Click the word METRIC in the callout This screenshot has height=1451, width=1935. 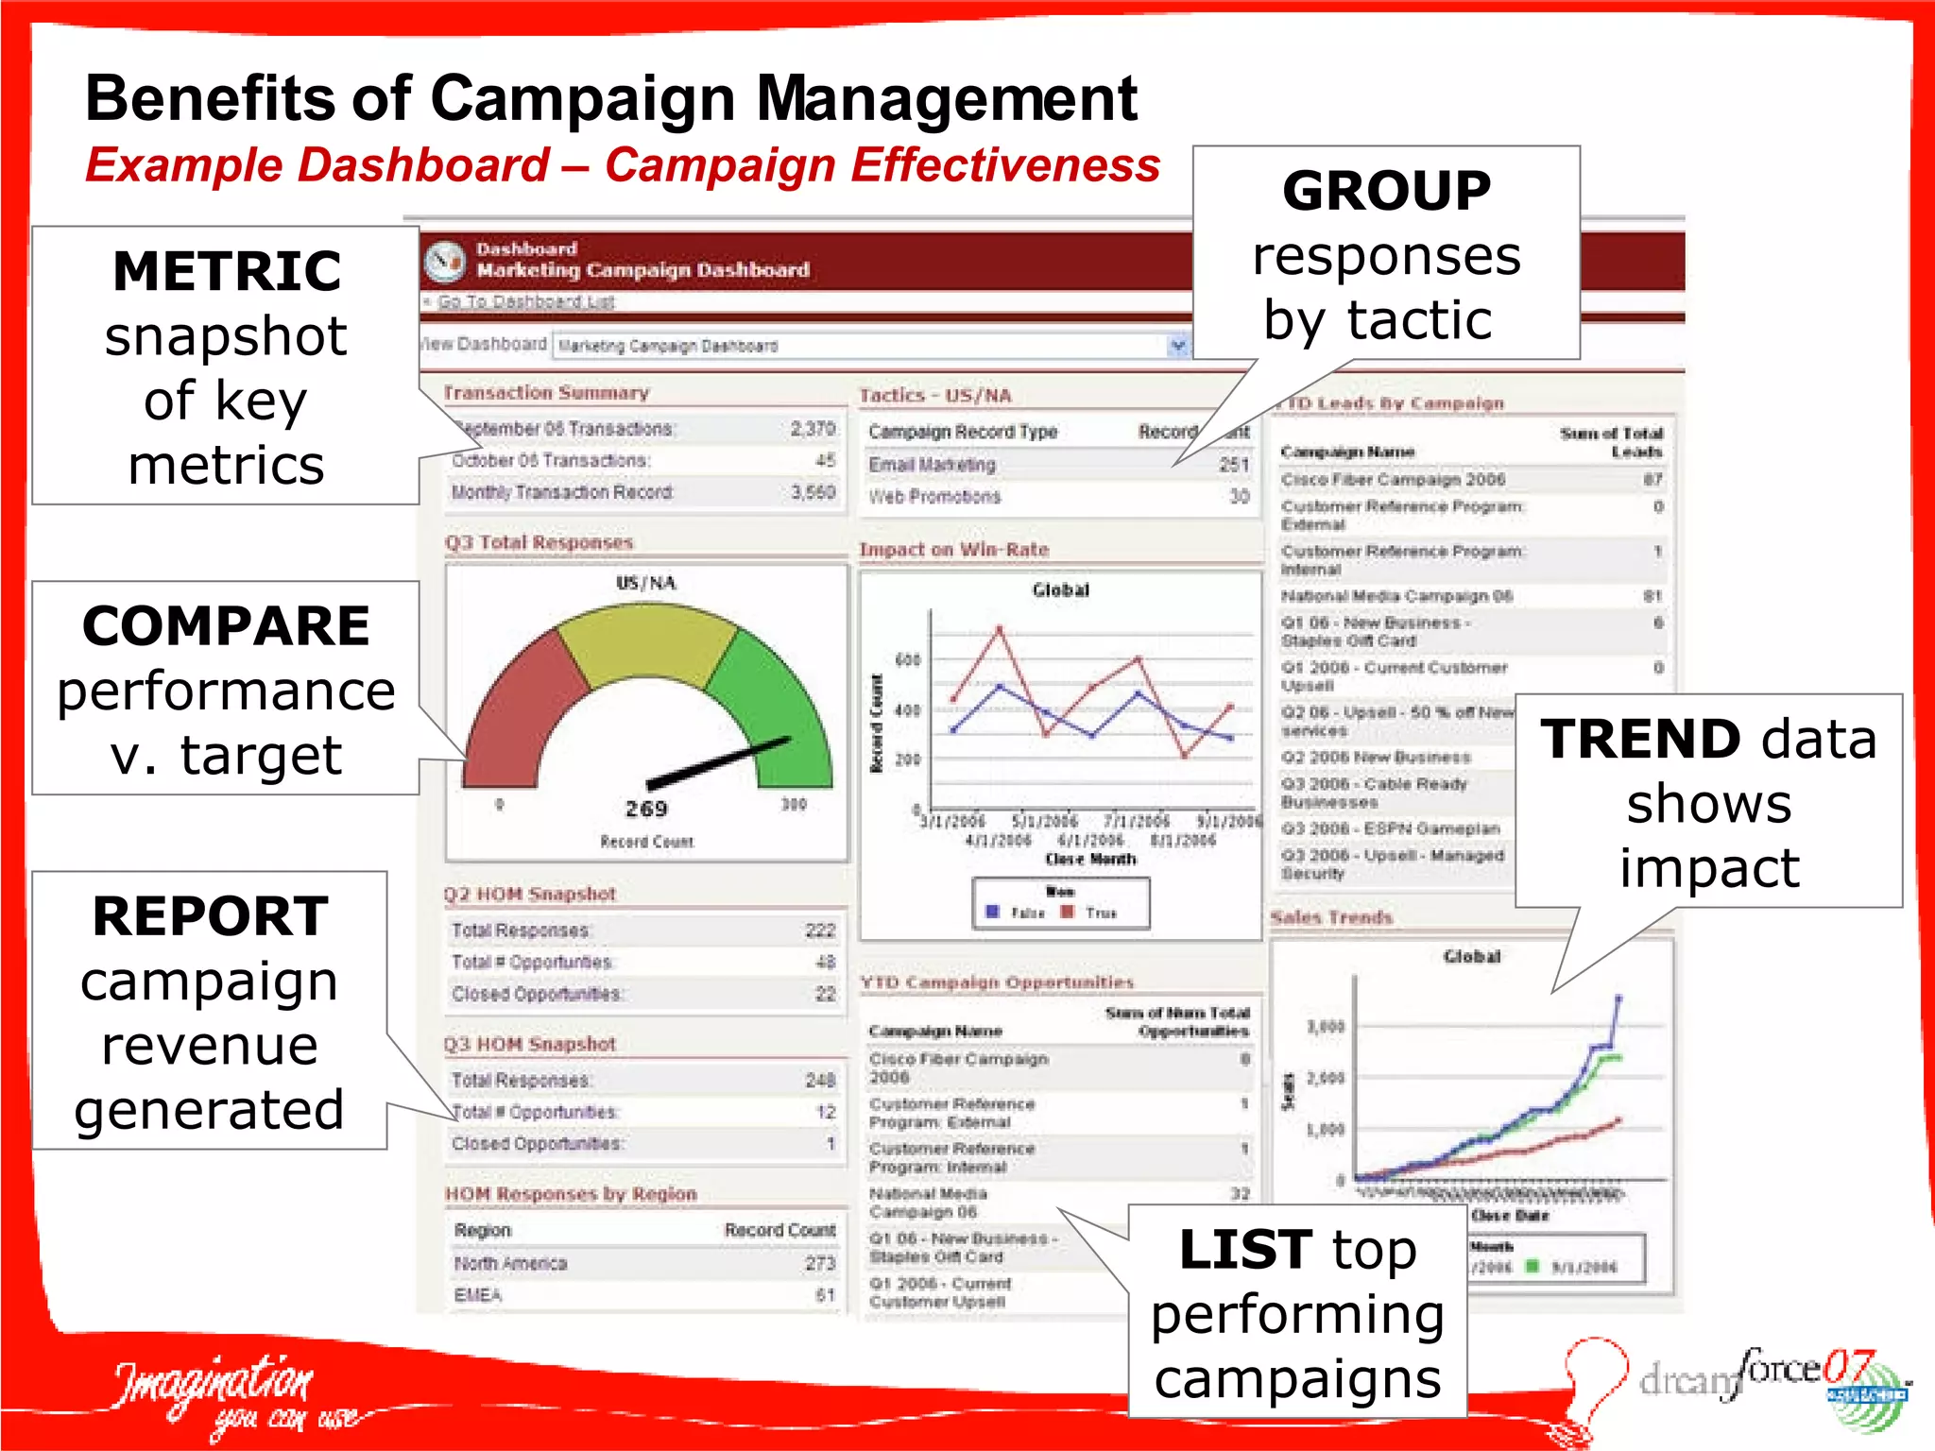tap(227, 272)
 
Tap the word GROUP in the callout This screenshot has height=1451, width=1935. tap(1386, 192)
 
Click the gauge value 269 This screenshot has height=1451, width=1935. tap(646, 809)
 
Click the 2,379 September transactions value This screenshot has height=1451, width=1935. tap(813, 429)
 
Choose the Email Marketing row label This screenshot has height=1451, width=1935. tap(932, 465)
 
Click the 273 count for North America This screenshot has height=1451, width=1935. tap(819, 1264)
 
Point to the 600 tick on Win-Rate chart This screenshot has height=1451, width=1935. tap(907, 660)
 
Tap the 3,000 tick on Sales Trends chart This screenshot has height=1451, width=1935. tap(1325, 1027)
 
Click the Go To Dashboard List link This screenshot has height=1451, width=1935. tap(525, 301)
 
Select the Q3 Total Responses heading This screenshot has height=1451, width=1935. tap(539, 543)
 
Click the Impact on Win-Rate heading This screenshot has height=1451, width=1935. tap(953, 550)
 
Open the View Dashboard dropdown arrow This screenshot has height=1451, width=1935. tap(1177, 346)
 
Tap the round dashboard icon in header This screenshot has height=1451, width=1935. tap(444, 262)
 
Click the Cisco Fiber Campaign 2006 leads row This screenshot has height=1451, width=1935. tap(1393, 480)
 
